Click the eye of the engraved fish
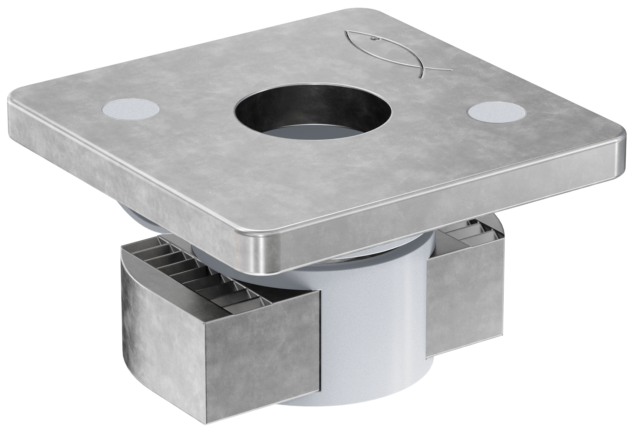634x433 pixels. (x=374, y=39)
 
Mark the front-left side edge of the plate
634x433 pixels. (x=124, y=173)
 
